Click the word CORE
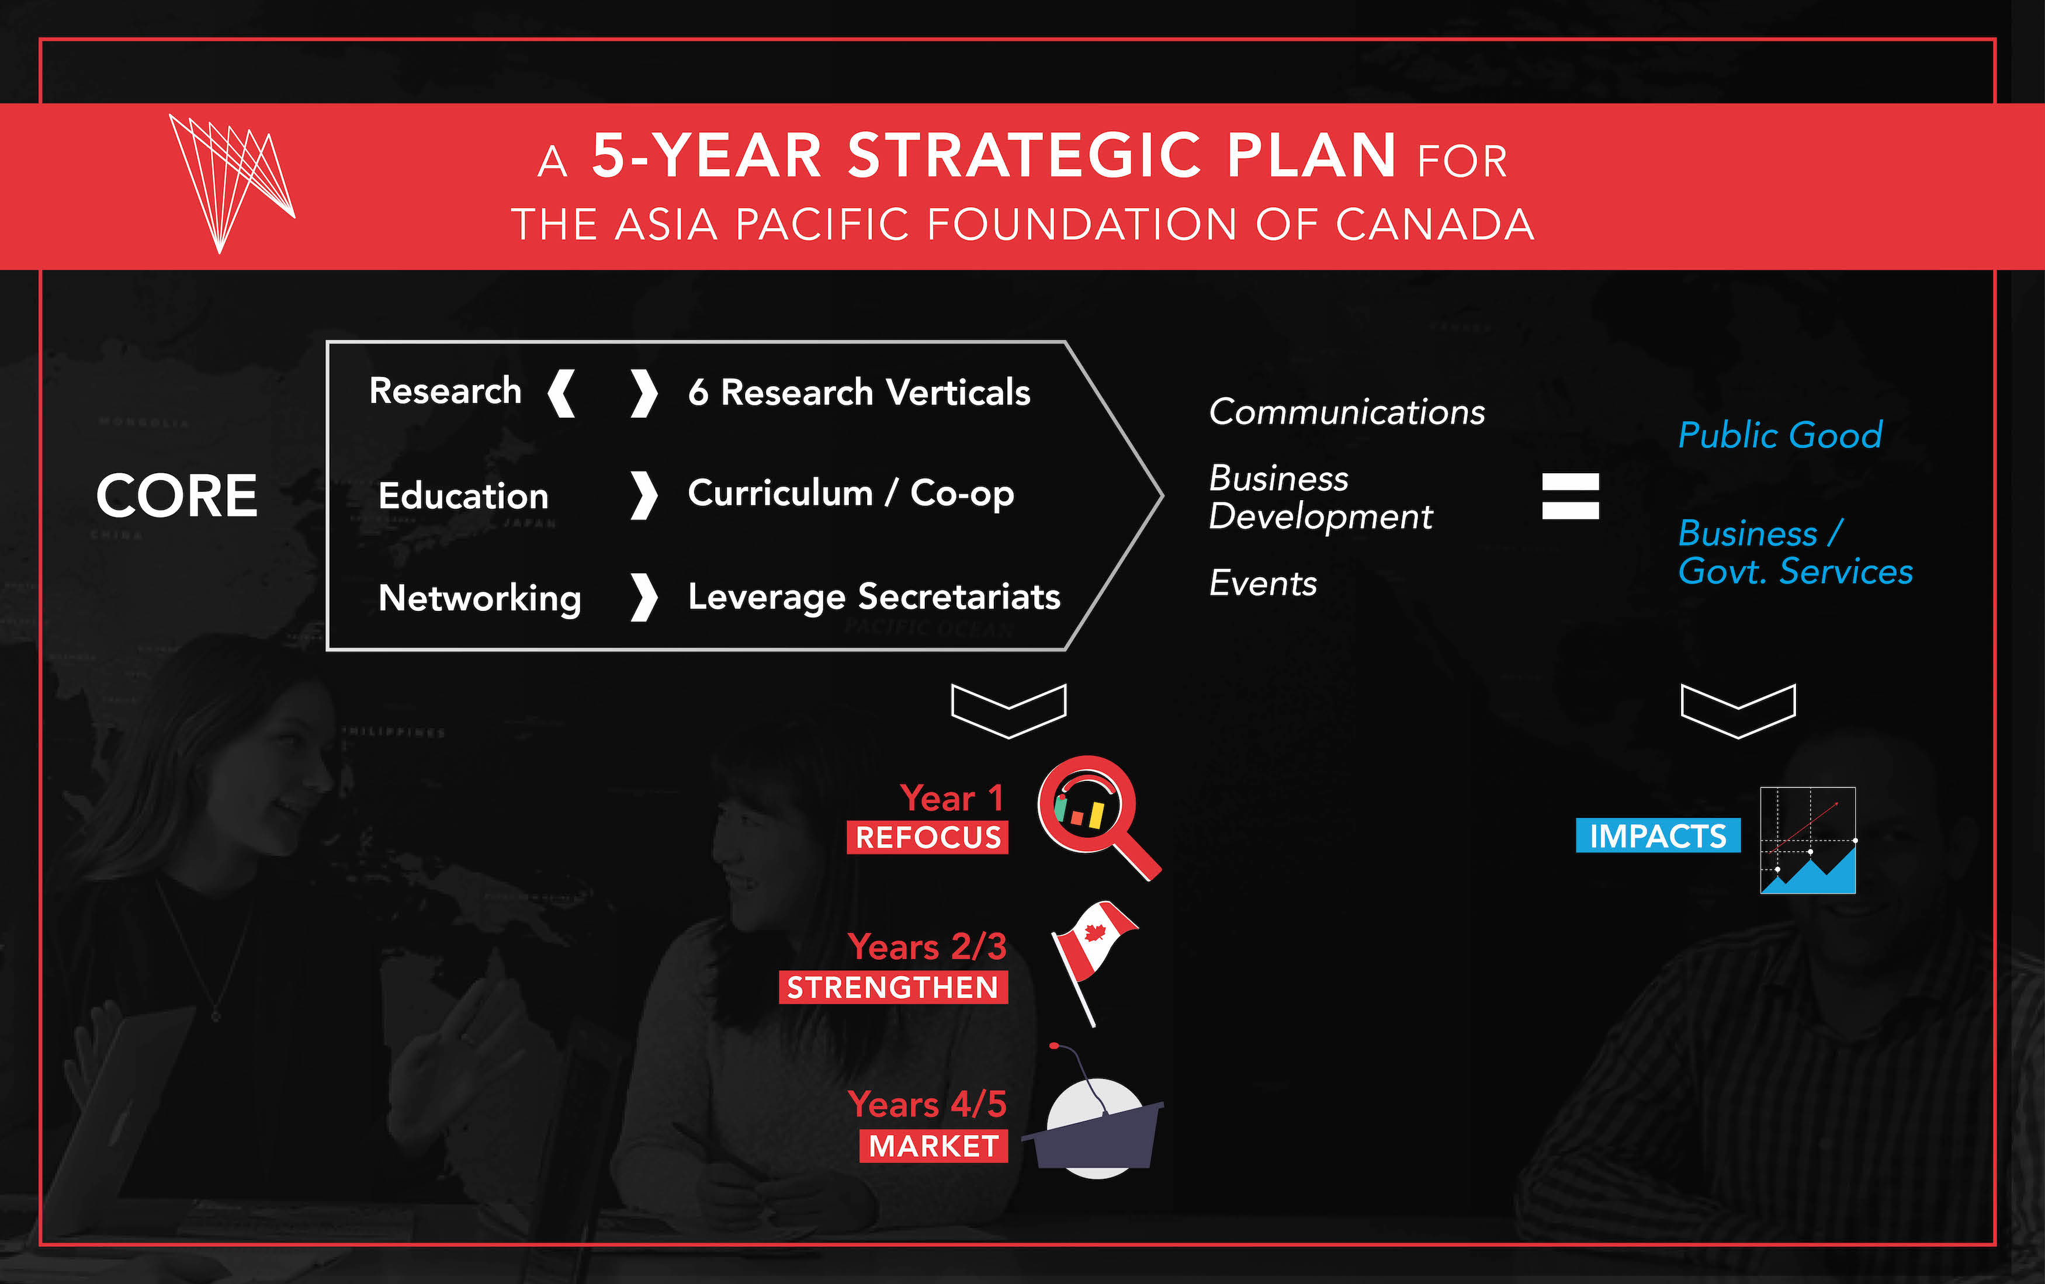(176, 496)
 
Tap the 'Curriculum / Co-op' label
(851, 494)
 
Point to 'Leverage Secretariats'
(874, 597)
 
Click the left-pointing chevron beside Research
(561, 393)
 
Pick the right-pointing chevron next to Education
(644, 496)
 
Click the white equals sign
(1571, 496)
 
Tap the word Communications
(1347, 412)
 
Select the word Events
(1263, 584)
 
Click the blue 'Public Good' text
(1780, 435)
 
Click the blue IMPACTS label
(1658, 835)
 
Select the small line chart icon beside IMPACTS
(1808, 841)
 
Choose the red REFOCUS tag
(927, 837)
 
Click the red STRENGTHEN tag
(893, 988)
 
